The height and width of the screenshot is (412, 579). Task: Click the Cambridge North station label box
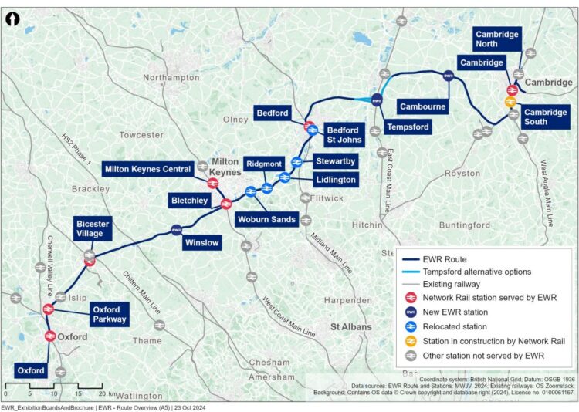[x=497, y=39]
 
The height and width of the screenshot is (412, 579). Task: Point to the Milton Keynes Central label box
[x=148, y=169]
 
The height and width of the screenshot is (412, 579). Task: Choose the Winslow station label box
[x=202, y=243]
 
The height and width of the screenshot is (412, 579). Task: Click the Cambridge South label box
[x=546, y=117]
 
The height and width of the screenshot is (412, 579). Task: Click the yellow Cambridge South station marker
[x=510, y=102]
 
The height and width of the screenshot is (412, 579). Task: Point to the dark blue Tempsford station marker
[x=377, y=100]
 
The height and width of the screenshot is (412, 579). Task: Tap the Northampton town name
[x=171, y=78]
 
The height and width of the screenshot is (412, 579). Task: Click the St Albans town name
[x=351, y=326]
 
